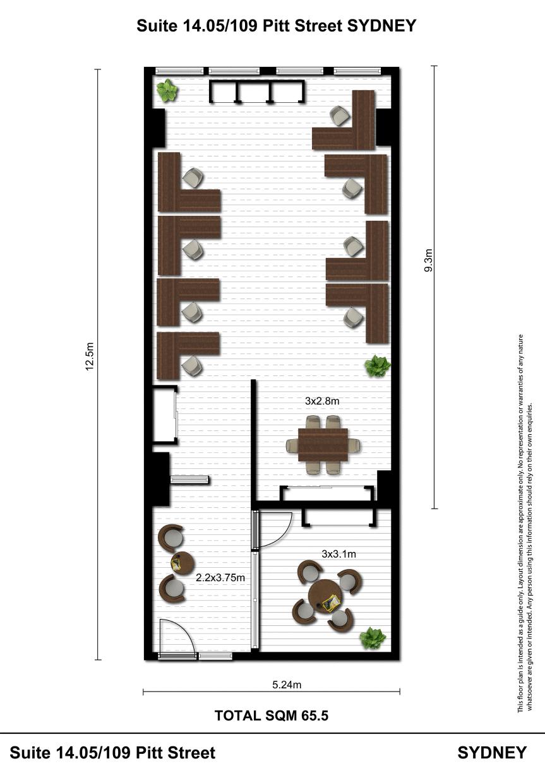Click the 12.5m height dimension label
pyautogui.click(x=90, y=356)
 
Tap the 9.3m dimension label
pyautogui.click(x=428, y=261)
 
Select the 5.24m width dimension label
pyautogui.click(x=287, y=685)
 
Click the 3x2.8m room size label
pyautogui.click(x=322, y=401)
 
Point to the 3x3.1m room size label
pyautogui.click(x=338, y=554)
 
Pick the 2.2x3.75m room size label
pyautogui.click(x=220, y=577)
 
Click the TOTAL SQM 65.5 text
pyautogui.click(x=272, y=715)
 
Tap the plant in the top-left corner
pyautogui.click(x=167, y=90)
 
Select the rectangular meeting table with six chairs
pyautogui.click(x=323, y=445)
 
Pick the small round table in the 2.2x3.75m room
pyautogui.click(x=183, y=563)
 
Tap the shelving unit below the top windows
pyautogui.click(x=257, y=91)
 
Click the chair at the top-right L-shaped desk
pyautogui.click(x=340, y=115)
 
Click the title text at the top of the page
pyautogui.click(x=277, y=25)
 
